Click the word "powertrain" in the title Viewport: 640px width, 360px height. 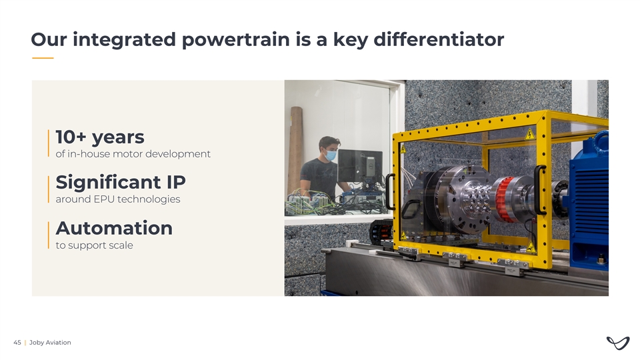click(236, 40)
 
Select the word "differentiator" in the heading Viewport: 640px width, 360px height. click(439, 39)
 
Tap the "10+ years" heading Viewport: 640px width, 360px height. click(100, 137)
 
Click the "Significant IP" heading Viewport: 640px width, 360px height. click(121, 182)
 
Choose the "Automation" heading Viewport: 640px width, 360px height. click(114, 228)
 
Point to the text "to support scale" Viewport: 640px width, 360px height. click(94, 245)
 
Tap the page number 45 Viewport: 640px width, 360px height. click(17, 343)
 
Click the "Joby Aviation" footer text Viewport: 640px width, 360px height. click(50, 343)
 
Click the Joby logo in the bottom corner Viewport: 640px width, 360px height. click(618, 343)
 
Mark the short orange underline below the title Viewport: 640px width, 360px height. click(43, 58)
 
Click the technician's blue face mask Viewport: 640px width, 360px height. click(330, 155)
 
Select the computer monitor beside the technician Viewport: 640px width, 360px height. click(360, 165)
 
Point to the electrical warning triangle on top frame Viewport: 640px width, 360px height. click(530, 134)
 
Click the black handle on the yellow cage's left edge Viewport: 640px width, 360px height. click(390, 191)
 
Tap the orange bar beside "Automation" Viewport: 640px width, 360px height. click(48, 235)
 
